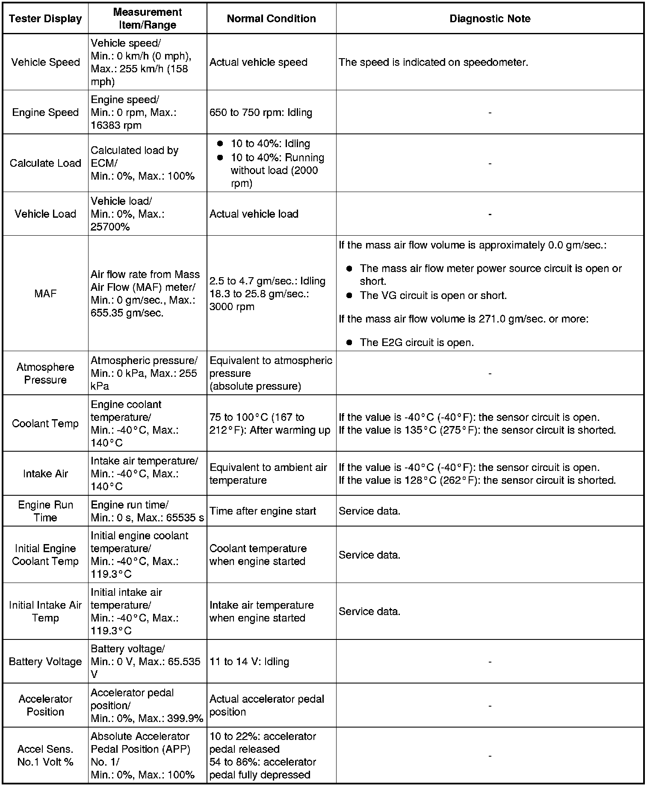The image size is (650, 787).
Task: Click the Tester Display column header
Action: tap(45, 19)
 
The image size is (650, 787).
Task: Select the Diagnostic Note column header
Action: tap(490, 19)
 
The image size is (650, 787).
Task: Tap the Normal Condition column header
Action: tap(271, 19)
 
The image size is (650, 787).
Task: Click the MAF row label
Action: tap(45, 293)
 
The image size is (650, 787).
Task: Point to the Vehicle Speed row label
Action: tap(45, 62)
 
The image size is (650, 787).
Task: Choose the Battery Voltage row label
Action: tap(45, 662)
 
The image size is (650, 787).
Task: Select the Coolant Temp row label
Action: tap(45, 423)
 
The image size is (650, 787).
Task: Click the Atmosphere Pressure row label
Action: tap(45, 373)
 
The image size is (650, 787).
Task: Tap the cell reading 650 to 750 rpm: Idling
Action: tap(261, 112)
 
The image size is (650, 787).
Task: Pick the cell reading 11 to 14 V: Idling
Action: tap(249, 662)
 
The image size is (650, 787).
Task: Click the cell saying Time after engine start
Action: tap(263, 511)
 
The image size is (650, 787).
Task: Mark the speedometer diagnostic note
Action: tap(433, 62)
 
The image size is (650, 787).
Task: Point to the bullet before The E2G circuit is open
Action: tap(349, 342)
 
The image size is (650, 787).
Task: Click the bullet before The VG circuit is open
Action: tap(349, 295)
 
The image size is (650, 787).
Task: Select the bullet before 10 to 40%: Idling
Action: tap(220, 144)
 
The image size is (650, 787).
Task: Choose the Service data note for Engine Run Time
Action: tap(369, 511)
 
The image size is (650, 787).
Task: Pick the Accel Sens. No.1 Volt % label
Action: tap(45, 756)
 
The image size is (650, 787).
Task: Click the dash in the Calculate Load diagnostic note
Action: tap(490, 163)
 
